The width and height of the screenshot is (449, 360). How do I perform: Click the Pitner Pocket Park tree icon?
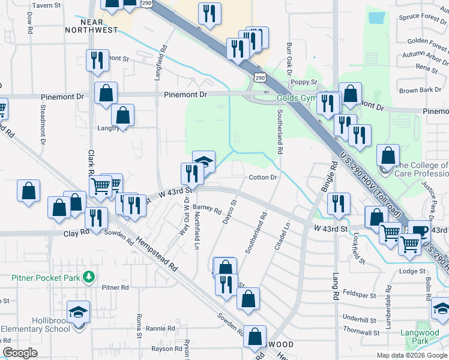[89, 276]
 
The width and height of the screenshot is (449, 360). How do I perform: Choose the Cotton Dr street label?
[263, 178]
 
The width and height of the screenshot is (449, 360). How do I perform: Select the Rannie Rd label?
[160, 329]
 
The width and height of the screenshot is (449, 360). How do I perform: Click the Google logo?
[20, 353]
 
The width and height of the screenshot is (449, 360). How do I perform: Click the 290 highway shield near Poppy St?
[259, 77]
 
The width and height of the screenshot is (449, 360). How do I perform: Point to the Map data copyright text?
[411, 355]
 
